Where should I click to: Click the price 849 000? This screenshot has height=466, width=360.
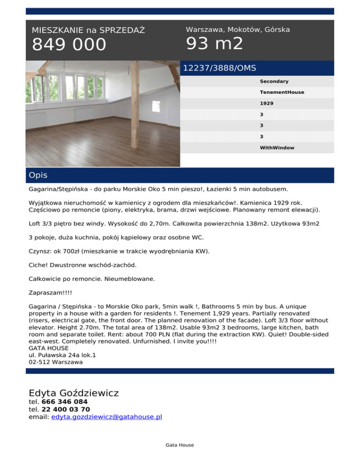(69, 45)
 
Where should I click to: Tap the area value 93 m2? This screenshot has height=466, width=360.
(215, 44)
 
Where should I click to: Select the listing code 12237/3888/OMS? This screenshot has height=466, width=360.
(219, 68)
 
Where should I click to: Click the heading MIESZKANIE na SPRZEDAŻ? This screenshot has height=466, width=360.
(88, 30)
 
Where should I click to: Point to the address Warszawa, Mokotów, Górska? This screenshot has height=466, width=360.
(238, 30)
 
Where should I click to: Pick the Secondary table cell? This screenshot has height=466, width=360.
(274, 82)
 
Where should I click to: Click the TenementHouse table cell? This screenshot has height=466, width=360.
(282, 92)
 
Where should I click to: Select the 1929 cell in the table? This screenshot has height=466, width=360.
(267, 103)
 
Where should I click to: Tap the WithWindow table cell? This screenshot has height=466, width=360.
(277, 148)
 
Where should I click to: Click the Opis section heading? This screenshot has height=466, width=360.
(38, 175)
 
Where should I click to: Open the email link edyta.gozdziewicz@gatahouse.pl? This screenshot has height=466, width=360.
(107, 416)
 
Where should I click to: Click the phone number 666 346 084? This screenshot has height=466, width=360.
(65, 402)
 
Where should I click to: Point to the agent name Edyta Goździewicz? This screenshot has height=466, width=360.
(74, 393)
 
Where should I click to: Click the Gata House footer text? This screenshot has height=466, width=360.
(180, 445)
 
